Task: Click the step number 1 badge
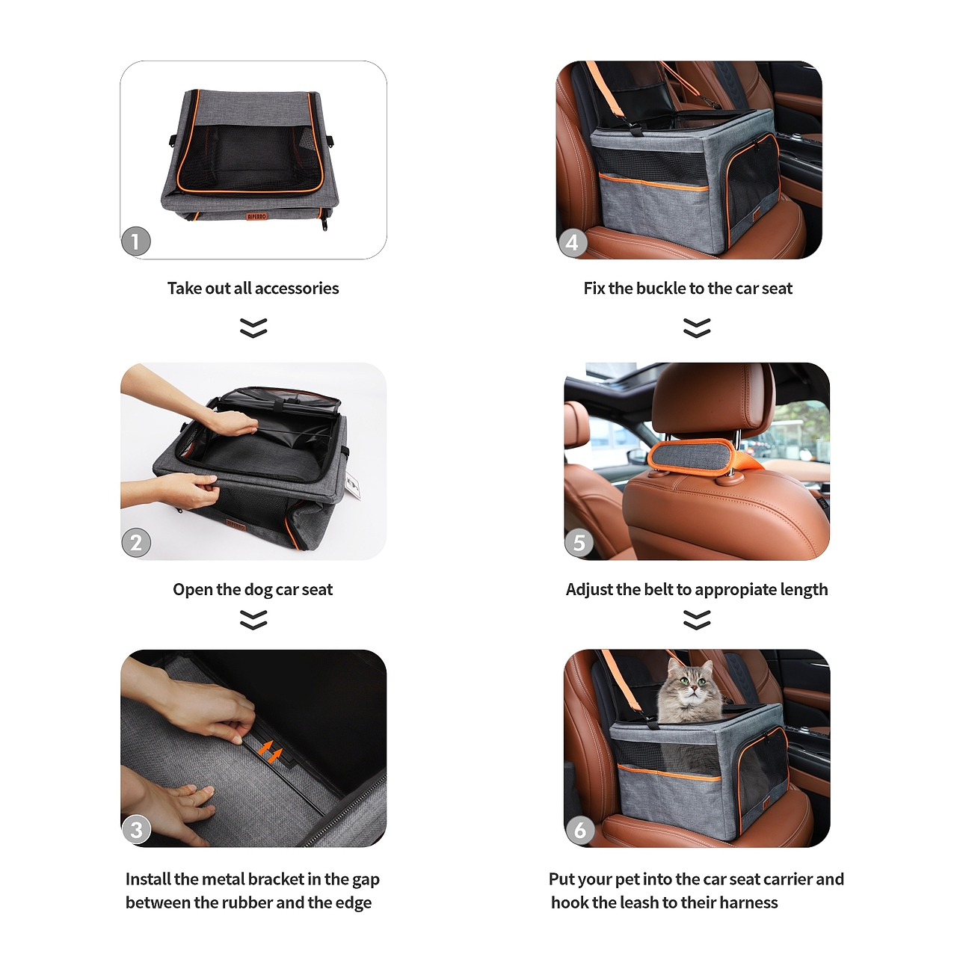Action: [135, 241]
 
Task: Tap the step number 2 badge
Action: [135, 543]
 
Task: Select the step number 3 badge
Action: [136, 830]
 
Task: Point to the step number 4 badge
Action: [573, 242]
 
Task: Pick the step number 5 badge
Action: [579, 543]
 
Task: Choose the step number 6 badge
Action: [579, 830]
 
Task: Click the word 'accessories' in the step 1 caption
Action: [297, 288]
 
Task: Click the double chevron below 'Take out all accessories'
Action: [253, 327]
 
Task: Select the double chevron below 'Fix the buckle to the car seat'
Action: [697, 327]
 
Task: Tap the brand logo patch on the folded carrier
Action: [256, 216]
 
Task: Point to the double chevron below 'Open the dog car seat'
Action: [253, 620]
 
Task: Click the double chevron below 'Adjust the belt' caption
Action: [697, 620]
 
